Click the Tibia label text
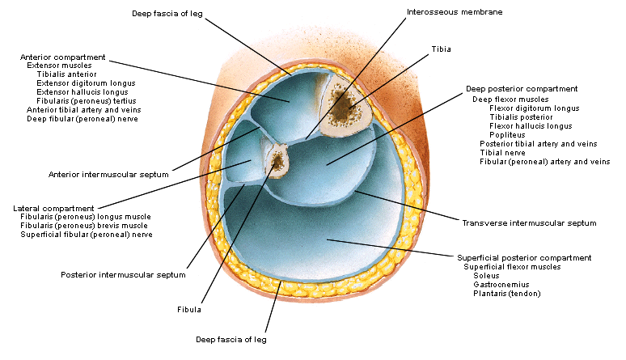[441, 49]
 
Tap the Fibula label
[189, 309]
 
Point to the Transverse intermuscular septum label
[529, 222]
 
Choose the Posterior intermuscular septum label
[123, 274]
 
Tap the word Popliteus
[507, 134]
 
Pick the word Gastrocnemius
[501, 284]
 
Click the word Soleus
[486, 275]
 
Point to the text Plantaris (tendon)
[506, 293]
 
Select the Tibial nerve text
[503, 152]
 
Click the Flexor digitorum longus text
[534, 108]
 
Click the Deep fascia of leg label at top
[167, 12]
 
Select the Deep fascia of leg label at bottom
[231, 340]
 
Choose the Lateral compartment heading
[53, 208]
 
